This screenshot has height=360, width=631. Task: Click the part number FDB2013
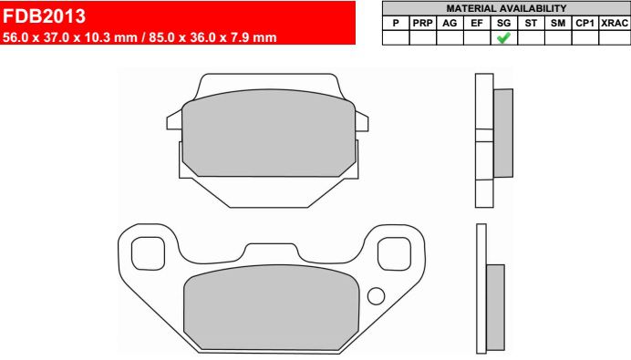pyautogui.click(x=44, y=16)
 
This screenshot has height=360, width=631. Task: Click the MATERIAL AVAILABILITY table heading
pyautogui.click(x=506, y=8)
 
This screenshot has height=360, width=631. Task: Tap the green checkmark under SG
pyautogui.click(x=503, y=37)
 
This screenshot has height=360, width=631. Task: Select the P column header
pyautogui.click(x=396, y=24)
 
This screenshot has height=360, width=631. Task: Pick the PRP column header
pyautogui.click(x=422, y=24)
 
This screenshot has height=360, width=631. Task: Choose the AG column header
pyautogui.click(x=450, y=24)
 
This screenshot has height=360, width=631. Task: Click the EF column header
pyautogui.click(x=477, y=24)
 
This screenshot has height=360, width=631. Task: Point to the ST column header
pyautogui.click(x=531, y=24)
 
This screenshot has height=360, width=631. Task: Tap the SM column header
pyautogui.click(x=558, y=24)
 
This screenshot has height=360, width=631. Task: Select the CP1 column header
pyautogui.click(x=584, y=24)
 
